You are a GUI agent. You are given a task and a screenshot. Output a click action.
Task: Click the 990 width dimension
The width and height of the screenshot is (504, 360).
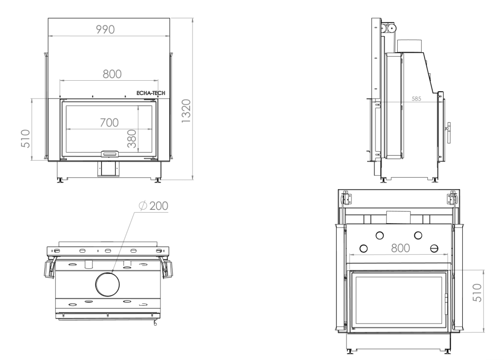(x=105, y=29)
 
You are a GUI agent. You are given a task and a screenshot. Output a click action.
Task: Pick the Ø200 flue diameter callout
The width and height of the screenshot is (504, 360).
(x=154, y=205)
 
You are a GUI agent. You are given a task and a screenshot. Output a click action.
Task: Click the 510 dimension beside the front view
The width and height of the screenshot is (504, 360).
(x=26, y=138)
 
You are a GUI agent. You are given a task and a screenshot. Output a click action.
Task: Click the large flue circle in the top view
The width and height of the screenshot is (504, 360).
(x=107, y=284)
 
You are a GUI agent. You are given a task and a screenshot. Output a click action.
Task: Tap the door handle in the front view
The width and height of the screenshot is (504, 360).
(x=109, y=154)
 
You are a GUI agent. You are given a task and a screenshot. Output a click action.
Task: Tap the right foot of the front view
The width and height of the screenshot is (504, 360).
(x=158, y=180)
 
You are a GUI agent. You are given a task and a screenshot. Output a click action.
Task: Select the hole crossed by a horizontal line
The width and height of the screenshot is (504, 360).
(x=434, y=248)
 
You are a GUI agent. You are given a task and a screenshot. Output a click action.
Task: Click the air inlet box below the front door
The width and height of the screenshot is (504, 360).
(x=109, y=168)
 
